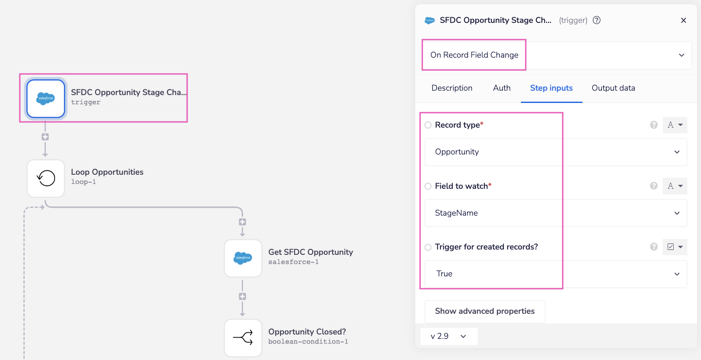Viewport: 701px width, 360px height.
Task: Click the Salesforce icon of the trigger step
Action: point(46,98)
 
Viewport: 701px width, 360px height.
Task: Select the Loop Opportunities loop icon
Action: point(46,178)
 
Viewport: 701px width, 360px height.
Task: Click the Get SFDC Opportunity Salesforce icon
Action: point(243,258)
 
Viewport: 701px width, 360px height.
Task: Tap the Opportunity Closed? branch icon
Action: point(243,338)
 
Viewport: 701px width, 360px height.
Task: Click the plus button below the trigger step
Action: point(45,137)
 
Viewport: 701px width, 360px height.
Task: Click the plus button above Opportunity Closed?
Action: point(242,297)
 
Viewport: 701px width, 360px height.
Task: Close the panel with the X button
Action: point(683,20)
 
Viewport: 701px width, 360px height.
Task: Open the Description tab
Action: point(452,88)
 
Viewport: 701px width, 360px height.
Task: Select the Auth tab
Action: point(502,88)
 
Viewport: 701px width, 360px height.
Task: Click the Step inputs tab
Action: point(551,88)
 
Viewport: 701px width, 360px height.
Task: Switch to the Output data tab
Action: point(613,88)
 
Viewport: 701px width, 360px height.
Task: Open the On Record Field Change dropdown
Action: point(557,55)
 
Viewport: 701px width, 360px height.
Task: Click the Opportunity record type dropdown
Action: point(556,152)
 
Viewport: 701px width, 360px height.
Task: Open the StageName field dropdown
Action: point(556,213)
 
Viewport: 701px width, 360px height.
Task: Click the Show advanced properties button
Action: point(485,311)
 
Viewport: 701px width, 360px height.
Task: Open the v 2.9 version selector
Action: point(449,336)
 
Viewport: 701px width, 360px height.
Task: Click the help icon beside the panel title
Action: point(597,20)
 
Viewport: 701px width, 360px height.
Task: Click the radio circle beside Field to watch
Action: point(428,186)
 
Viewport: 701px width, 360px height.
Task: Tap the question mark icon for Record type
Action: point(654,125)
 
